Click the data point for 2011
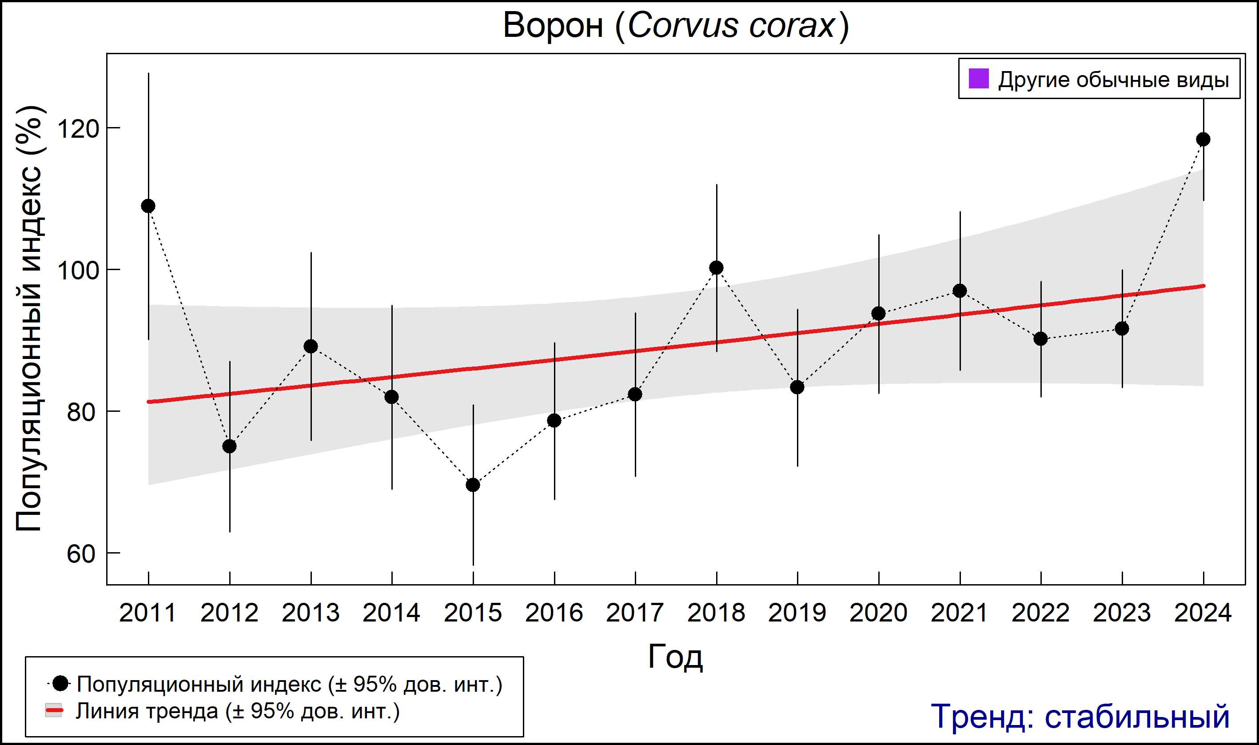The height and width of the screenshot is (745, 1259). pos(148,206)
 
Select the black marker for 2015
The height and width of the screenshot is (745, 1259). pos(473,485)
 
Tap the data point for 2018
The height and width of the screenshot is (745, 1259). pos(716,267)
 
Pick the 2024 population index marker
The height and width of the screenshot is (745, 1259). pos(1203,139)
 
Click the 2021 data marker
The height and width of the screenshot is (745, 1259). pos(960,291)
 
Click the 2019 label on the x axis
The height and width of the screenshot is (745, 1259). pos(797,613)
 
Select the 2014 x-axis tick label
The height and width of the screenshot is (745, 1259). pos(391,613)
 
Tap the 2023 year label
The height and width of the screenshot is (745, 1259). pos(1122,613)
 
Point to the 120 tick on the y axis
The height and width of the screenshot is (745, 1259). pos(78,128)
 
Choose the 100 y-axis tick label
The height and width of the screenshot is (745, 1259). pos(78,271)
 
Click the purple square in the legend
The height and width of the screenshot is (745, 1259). pos(978,79)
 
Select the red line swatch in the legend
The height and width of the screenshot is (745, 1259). pos(54,711)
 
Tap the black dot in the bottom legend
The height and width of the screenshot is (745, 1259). pos(61,683)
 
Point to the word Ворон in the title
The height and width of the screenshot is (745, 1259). pos(553,25)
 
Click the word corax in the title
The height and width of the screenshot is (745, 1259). pos(792,25)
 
